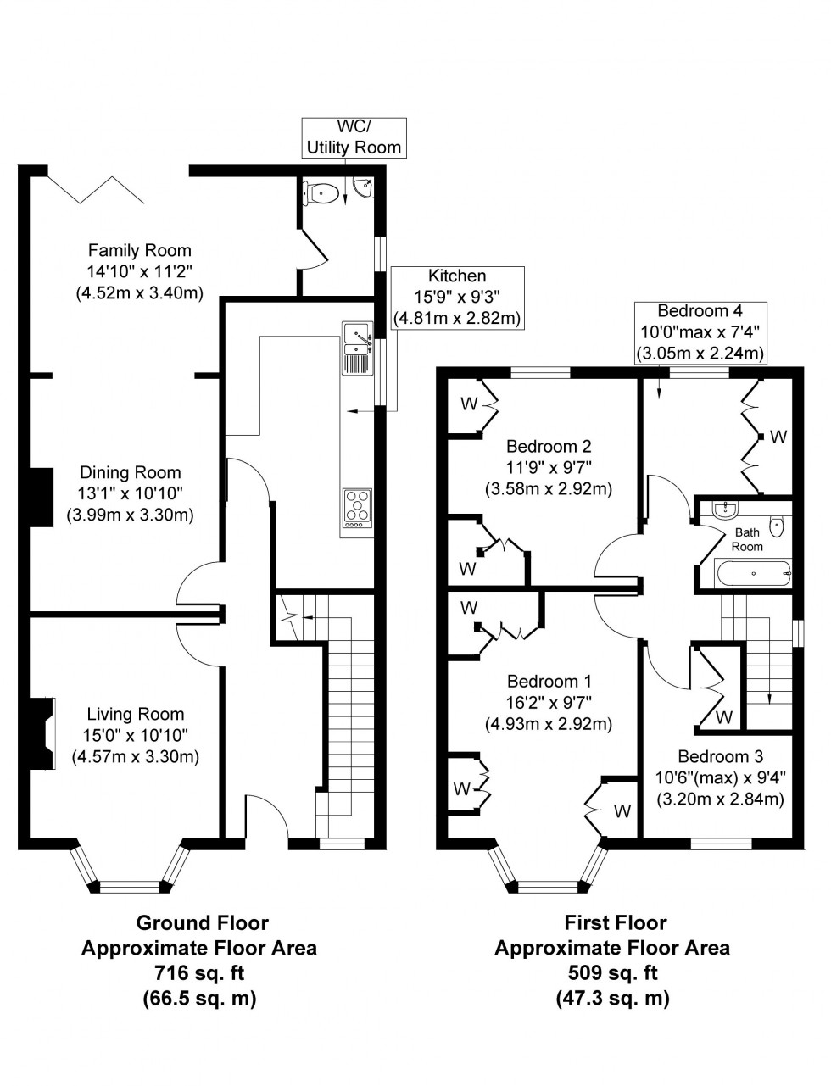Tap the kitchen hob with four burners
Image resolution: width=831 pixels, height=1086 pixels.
click(x=359, y=508)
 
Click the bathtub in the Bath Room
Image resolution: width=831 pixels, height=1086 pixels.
click(x=754, y=574)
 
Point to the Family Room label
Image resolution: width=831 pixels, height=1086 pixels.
click(x=140, y=250)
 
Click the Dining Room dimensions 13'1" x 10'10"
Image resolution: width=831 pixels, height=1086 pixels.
click(x=131, y=493)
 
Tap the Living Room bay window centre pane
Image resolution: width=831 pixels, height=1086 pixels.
click(x=130, y=887)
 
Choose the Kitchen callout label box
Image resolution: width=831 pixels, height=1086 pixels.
click(x=457, y=298)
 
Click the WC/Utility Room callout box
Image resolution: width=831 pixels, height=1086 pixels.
click(x=354, y=137)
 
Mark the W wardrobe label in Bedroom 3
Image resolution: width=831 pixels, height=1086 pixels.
click(x=723, y=717)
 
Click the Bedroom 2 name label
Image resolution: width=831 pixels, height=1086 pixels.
click(x=549, y=447)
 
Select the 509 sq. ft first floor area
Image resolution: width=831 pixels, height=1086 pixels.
click(x=612, y=972)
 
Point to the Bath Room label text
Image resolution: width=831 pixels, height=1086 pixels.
click(x=747, y=539)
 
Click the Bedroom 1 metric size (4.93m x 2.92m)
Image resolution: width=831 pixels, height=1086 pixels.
click(x=549, y=724)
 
